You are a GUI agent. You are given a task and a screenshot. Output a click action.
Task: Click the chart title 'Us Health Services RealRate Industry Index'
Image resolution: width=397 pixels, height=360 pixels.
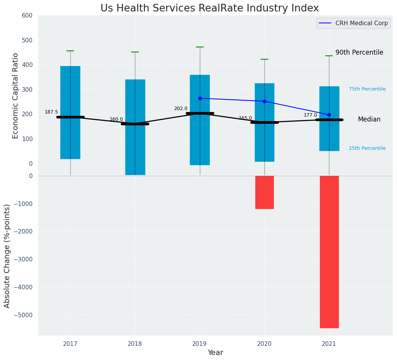209,8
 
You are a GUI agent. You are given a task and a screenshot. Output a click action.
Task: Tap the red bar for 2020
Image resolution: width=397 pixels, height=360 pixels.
264,192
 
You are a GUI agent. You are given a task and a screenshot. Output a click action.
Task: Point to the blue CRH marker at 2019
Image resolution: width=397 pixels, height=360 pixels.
200,98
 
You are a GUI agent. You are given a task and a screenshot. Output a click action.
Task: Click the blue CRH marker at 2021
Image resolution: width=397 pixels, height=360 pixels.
329,115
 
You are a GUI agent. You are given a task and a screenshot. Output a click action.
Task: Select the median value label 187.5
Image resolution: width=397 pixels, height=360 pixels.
51,112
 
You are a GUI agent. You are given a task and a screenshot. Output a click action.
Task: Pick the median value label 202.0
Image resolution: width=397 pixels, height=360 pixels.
181,109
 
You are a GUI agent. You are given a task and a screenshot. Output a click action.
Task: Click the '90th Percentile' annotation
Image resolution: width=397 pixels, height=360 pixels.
359,53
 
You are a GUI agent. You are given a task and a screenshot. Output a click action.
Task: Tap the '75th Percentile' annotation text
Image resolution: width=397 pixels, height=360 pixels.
367,89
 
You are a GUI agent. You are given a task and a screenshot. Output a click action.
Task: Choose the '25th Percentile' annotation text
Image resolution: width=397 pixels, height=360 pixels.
367,148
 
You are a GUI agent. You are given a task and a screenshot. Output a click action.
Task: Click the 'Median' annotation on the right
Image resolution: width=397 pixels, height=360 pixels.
369,120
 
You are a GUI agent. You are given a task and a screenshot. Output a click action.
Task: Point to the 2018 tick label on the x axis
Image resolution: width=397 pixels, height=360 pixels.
135,344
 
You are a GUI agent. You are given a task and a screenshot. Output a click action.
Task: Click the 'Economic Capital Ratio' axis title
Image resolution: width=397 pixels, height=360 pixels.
16,96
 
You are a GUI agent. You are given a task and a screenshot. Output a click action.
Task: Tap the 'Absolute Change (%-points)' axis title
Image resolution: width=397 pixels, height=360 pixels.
7,256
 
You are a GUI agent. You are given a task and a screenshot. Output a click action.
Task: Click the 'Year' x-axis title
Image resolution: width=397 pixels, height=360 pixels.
216,353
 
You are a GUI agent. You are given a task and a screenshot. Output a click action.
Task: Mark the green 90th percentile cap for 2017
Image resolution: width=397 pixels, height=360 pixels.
70,51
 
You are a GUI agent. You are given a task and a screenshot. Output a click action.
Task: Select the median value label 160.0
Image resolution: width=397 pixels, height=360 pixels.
116,119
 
